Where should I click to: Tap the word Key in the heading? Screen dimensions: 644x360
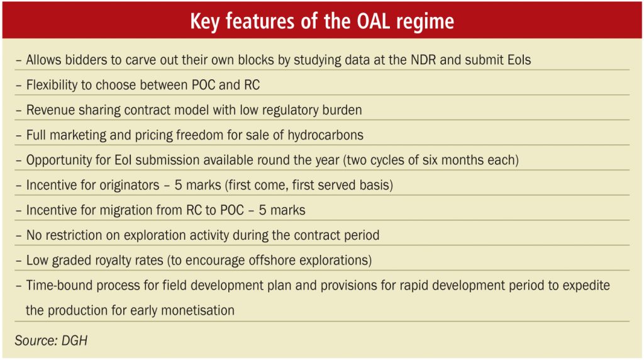[x=204, y=22]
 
